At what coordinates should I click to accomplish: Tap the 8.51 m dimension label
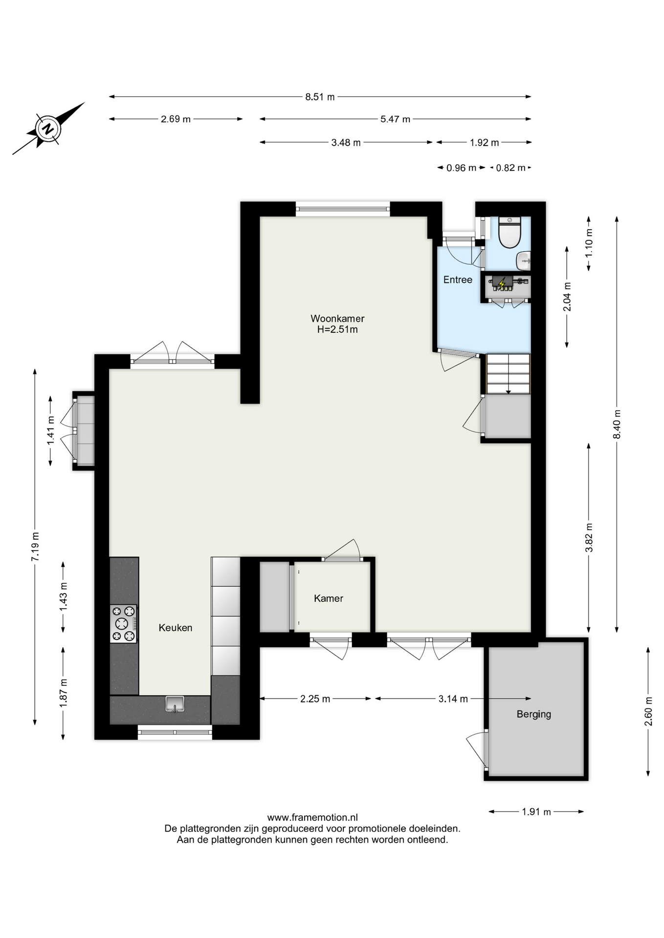(x=320, y=97)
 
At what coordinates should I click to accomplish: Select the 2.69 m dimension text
(x=176, y=119)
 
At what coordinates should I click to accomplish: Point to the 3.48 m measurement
(x=346, y=143)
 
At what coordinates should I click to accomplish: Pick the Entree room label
(x=458, y=280)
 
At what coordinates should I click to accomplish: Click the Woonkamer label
(x=337, y=319)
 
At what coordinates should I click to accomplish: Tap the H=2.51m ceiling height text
(x=337, y=330)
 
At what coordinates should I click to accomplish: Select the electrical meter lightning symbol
(x=502, y=282)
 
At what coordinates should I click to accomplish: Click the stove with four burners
(x=123, y=623)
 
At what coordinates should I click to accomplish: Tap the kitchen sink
(x=175, y=704)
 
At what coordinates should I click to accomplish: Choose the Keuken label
(x=176, y=628)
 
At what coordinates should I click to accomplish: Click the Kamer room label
(x=329, y=598)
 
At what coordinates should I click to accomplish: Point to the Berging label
(x=534, y=714)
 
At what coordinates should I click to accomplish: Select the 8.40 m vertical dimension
(x=617, y=424)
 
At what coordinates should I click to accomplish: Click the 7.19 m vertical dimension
(x=35, y=547)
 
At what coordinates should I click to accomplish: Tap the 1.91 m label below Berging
(x=536, y=812)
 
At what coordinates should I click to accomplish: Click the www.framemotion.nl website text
(x=312, y=817)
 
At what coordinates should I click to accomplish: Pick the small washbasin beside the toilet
(x=524, y=260)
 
